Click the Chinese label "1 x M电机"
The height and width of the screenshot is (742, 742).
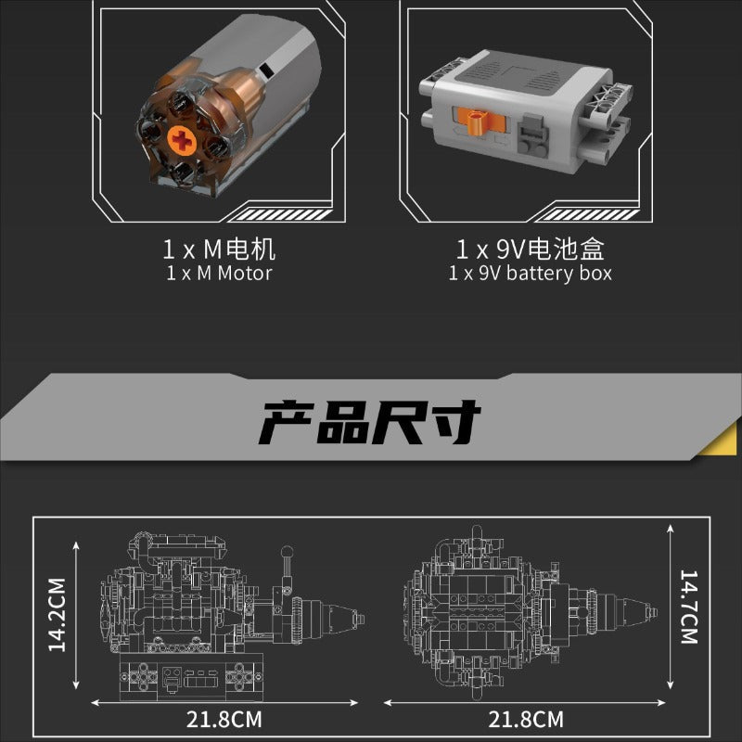pos(219,249)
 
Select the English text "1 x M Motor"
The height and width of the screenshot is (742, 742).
pos(219,274)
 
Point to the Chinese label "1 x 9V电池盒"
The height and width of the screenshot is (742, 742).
pos(530,249)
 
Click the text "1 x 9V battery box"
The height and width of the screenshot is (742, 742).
pos(530,274)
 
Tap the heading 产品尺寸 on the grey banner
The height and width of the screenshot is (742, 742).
pos(370,423)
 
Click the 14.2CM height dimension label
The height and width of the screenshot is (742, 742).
pos(58,614)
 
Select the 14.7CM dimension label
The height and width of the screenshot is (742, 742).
pos(689,608)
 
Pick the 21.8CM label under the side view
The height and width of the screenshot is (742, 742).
pos(224,720)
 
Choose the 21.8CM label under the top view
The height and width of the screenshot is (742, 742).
pos(526,720)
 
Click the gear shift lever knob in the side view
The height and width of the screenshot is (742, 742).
pos(288,551)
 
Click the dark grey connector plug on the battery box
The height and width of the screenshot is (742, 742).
pos(532,137)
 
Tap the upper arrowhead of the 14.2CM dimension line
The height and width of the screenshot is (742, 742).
pos(76,545)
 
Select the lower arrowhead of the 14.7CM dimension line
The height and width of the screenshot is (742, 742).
pos(670,684)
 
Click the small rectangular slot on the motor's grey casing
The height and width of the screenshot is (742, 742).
pos(266,70)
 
